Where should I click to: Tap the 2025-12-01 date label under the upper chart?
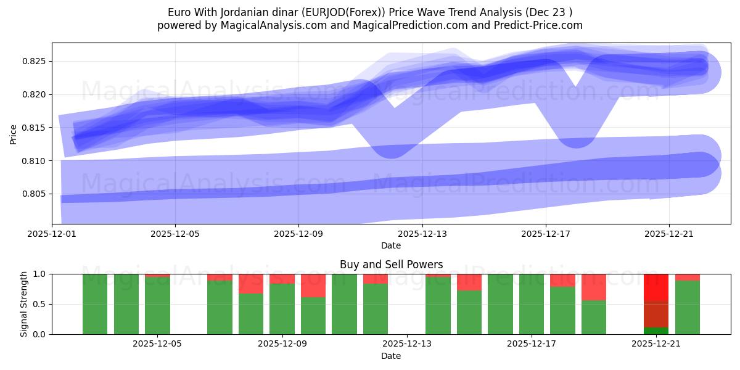52,234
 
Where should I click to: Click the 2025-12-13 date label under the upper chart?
422,234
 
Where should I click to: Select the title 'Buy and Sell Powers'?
391,265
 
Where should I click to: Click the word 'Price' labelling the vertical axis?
14,133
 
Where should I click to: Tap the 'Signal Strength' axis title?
24,304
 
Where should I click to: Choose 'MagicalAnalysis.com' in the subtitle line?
269,25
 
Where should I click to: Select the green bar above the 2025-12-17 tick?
531,304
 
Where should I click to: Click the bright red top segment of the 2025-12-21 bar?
656,287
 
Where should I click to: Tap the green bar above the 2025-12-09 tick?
282,309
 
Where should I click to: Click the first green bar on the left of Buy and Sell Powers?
95,304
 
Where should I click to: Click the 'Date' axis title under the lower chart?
391,356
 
